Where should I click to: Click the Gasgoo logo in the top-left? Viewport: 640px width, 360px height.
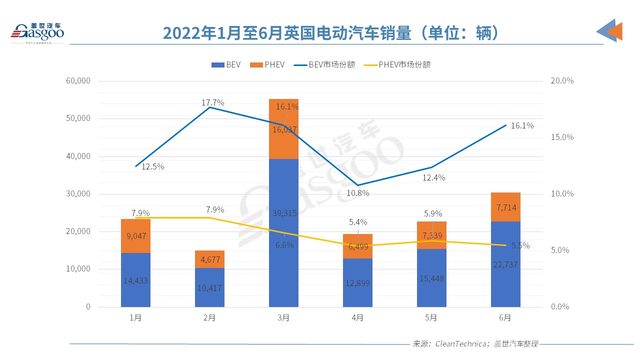coord(37,32)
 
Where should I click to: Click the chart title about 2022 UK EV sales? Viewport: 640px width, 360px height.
coord(331,33)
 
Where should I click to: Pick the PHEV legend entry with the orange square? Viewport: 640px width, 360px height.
coord(267,64)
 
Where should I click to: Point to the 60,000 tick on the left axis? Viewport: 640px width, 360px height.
coord(78,81)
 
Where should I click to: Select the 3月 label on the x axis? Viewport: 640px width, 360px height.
coord(283,317)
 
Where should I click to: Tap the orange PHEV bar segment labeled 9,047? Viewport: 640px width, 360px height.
coord(135,236)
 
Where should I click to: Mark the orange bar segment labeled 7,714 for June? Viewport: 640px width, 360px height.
coord(505,207)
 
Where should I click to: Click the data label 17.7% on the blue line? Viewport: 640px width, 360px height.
coord(213,102)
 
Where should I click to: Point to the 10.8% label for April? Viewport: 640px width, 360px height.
coord(358,193)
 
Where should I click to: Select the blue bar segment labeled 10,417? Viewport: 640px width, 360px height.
coord(209,287)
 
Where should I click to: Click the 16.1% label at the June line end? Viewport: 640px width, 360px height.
coord(522,126)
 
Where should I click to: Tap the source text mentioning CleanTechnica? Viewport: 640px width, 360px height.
coord(475,344)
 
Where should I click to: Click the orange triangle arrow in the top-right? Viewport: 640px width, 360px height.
coord(614,31)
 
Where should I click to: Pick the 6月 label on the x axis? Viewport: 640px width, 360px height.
coord(505,317)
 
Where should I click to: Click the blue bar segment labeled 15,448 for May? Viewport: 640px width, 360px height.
coord(431,278)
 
